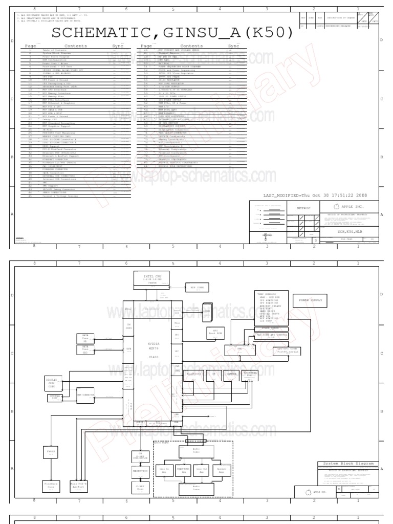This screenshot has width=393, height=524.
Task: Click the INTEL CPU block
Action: point(148,279)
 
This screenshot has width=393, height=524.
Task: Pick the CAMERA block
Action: point(231,374)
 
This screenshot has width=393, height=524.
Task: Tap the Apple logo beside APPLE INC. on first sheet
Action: point(336,207)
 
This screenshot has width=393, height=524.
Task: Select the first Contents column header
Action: point(76,46)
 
